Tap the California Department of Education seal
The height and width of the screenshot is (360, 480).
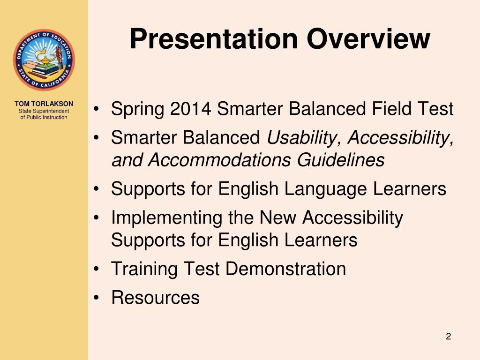44,60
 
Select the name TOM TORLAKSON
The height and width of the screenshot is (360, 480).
44,104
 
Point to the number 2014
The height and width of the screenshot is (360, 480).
190,108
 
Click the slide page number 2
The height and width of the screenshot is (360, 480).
449,337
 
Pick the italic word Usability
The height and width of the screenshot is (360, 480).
302,138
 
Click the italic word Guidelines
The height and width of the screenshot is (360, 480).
340,159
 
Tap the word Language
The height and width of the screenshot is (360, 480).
325,189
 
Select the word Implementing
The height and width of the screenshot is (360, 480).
166,218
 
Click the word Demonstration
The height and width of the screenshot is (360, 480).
286,269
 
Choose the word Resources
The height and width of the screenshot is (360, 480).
156,297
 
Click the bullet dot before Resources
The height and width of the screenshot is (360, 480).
97,297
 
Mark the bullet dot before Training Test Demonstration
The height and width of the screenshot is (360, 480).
97,269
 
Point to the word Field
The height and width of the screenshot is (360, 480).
391,108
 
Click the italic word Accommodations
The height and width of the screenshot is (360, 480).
219,159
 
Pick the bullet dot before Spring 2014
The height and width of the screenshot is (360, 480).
97,109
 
